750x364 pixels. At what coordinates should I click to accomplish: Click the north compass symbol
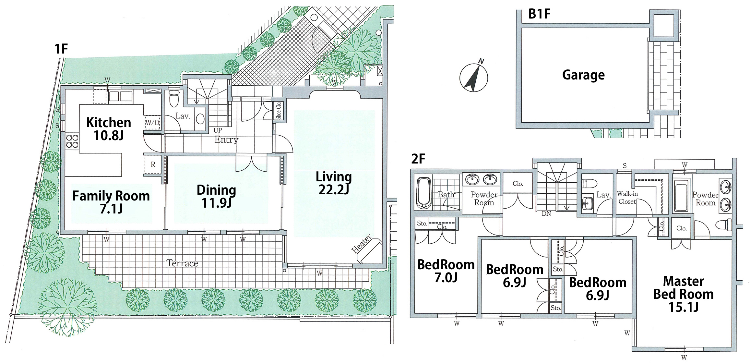tap(473, 78)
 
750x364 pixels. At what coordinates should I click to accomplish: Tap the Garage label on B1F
tap(583, 75)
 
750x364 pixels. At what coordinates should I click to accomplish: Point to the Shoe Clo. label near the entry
tap(279, 110)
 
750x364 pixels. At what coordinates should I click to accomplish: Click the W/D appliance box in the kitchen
tap(152, 123)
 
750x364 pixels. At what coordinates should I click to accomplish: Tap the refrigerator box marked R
tap(153, 164)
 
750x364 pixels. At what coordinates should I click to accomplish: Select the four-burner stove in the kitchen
tap(72, 142)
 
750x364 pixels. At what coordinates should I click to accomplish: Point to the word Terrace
tap(182, 263)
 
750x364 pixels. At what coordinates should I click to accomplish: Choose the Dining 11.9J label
tap(216, 196)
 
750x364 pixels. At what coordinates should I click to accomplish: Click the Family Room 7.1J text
tap(111, 202)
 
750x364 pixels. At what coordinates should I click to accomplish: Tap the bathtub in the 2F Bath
tap(423, 193)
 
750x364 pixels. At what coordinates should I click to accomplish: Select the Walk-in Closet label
tap(627, 198)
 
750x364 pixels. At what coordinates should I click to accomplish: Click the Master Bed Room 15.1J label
tap(684, 294)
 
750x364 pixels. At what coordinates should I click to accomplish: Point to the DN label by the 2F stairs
tap(546, 214)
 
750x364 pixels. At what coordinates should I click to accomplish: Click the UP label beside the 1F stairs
tap(218, 130)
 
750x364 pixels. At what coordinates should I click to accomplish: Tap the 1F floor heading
tap(61, 49)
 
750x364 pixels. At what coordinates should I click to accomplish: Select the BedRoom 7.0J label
tap(446, 271)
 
